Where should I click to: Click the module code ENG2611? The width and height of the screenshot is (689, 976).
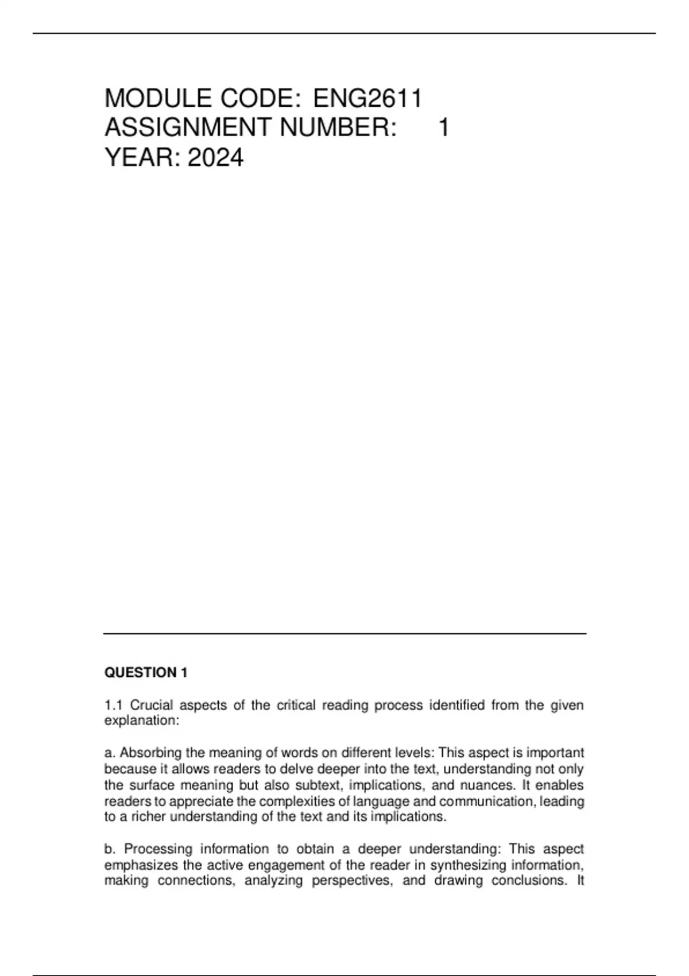pos(367,98)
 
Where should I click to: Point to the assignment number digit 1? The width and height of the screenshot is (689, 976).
pos(443,127)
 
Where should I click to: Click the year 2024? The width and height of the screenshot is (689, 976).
pos(215,157)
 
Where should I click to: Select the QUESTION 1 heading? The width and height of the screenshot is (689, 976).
pos(146,672)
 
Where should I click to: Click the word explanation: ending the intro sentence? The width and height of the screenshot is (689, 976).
pos(142,721)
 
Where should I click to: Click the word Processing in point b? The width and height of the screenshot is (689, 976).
pos(158,849)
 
